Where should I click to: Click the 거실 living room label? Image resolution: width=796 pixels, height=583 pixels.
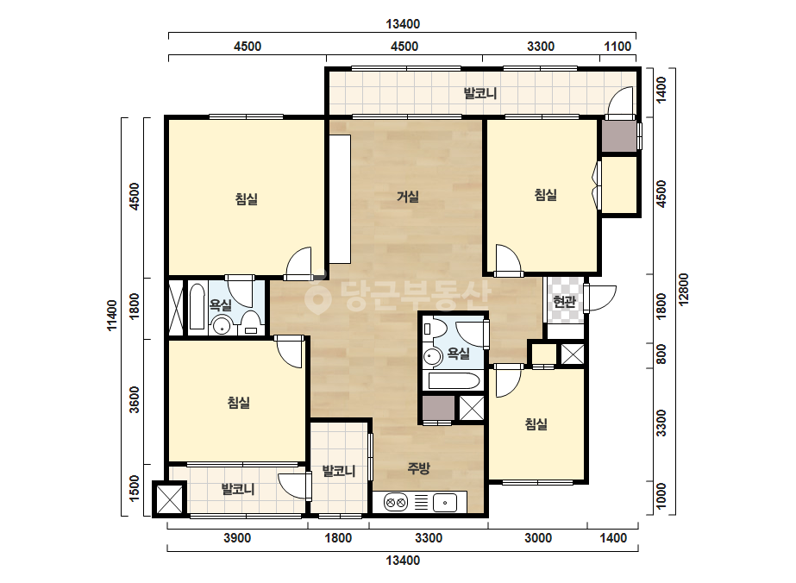click(408, 196)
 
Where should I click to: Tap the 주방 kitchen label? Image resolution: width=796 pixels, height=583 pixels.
click(419, 467)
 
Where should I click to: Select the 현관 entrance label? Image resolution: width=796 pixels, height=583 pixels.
click(564, 302)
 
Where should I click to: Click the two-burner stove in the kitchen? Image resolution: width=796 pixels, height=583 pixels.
click(396, 503)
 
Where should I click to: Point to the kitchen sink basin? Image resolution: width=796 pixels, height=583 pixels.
click(445, 503)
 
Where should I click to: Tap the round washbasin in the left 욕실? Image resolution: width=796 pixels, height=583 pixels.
click(221, 325)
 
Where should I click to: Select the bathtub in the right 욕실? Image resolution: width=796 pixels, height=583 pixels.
click(454, 381)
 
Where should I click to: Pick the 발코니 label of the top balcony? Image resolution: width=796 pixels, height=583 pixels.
click(480, 93)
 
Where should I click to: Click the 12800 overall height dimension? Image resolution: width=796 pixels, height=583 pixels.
click(683, 290)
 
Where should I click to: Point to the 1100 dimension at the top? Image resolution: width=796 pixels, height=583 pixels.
click(617, 47)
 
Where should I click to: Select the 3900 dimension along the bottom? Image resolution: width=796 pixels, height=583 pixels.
click(237, 538)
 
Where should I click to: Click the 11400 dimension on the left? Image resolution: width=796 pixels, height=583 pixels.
click(112, 315)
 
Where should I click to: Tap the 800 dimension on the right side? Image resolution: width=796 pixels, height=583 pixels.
click(661, 354)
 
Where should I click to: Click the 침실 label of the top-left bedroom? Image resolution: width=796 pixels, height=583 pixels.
click(247, 198)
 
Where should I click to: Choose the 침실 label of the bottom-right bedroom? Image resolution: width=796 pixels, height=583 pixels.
click(536, 424)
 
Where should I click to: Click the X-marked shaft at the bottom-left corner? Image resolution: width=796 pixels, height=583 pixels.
click(169, 498)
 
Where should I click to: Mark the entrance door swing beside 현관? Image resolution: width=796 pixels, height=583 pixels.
click(601, 298)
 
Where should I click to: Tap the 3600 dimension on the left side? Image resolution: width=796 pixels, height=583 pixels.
click(134, 400)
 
